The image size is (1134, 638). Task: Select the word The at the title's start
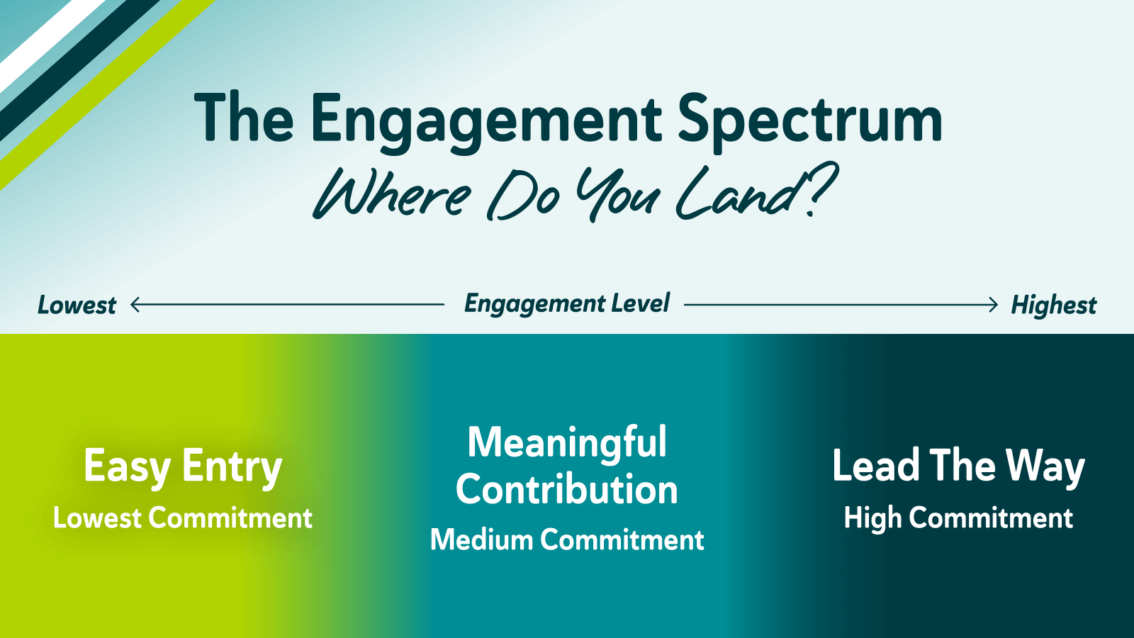click(244, 117)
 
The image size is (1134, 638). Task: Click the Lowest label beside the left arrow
click(77, 305)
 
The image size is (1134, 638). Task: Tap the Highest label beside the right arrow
click(1053, 306)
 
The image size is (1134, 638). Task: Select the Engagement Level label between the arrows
click(567, 304)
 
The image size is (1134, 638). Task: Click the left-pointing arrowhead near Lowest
click(135, 305)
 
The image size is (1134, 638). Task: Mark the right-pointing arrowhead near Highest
click(993, 305)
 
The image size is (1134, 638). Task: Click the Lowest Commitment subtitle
click(183, 518)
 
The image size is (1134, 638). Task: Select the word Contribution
click(567, 489)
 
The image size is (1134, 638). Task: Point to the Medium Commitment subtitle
click(567, 539)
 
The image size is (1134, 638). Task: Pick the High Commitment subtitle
click(958, 518)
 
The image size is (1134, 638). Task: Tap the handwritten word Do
click(524, 195)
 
